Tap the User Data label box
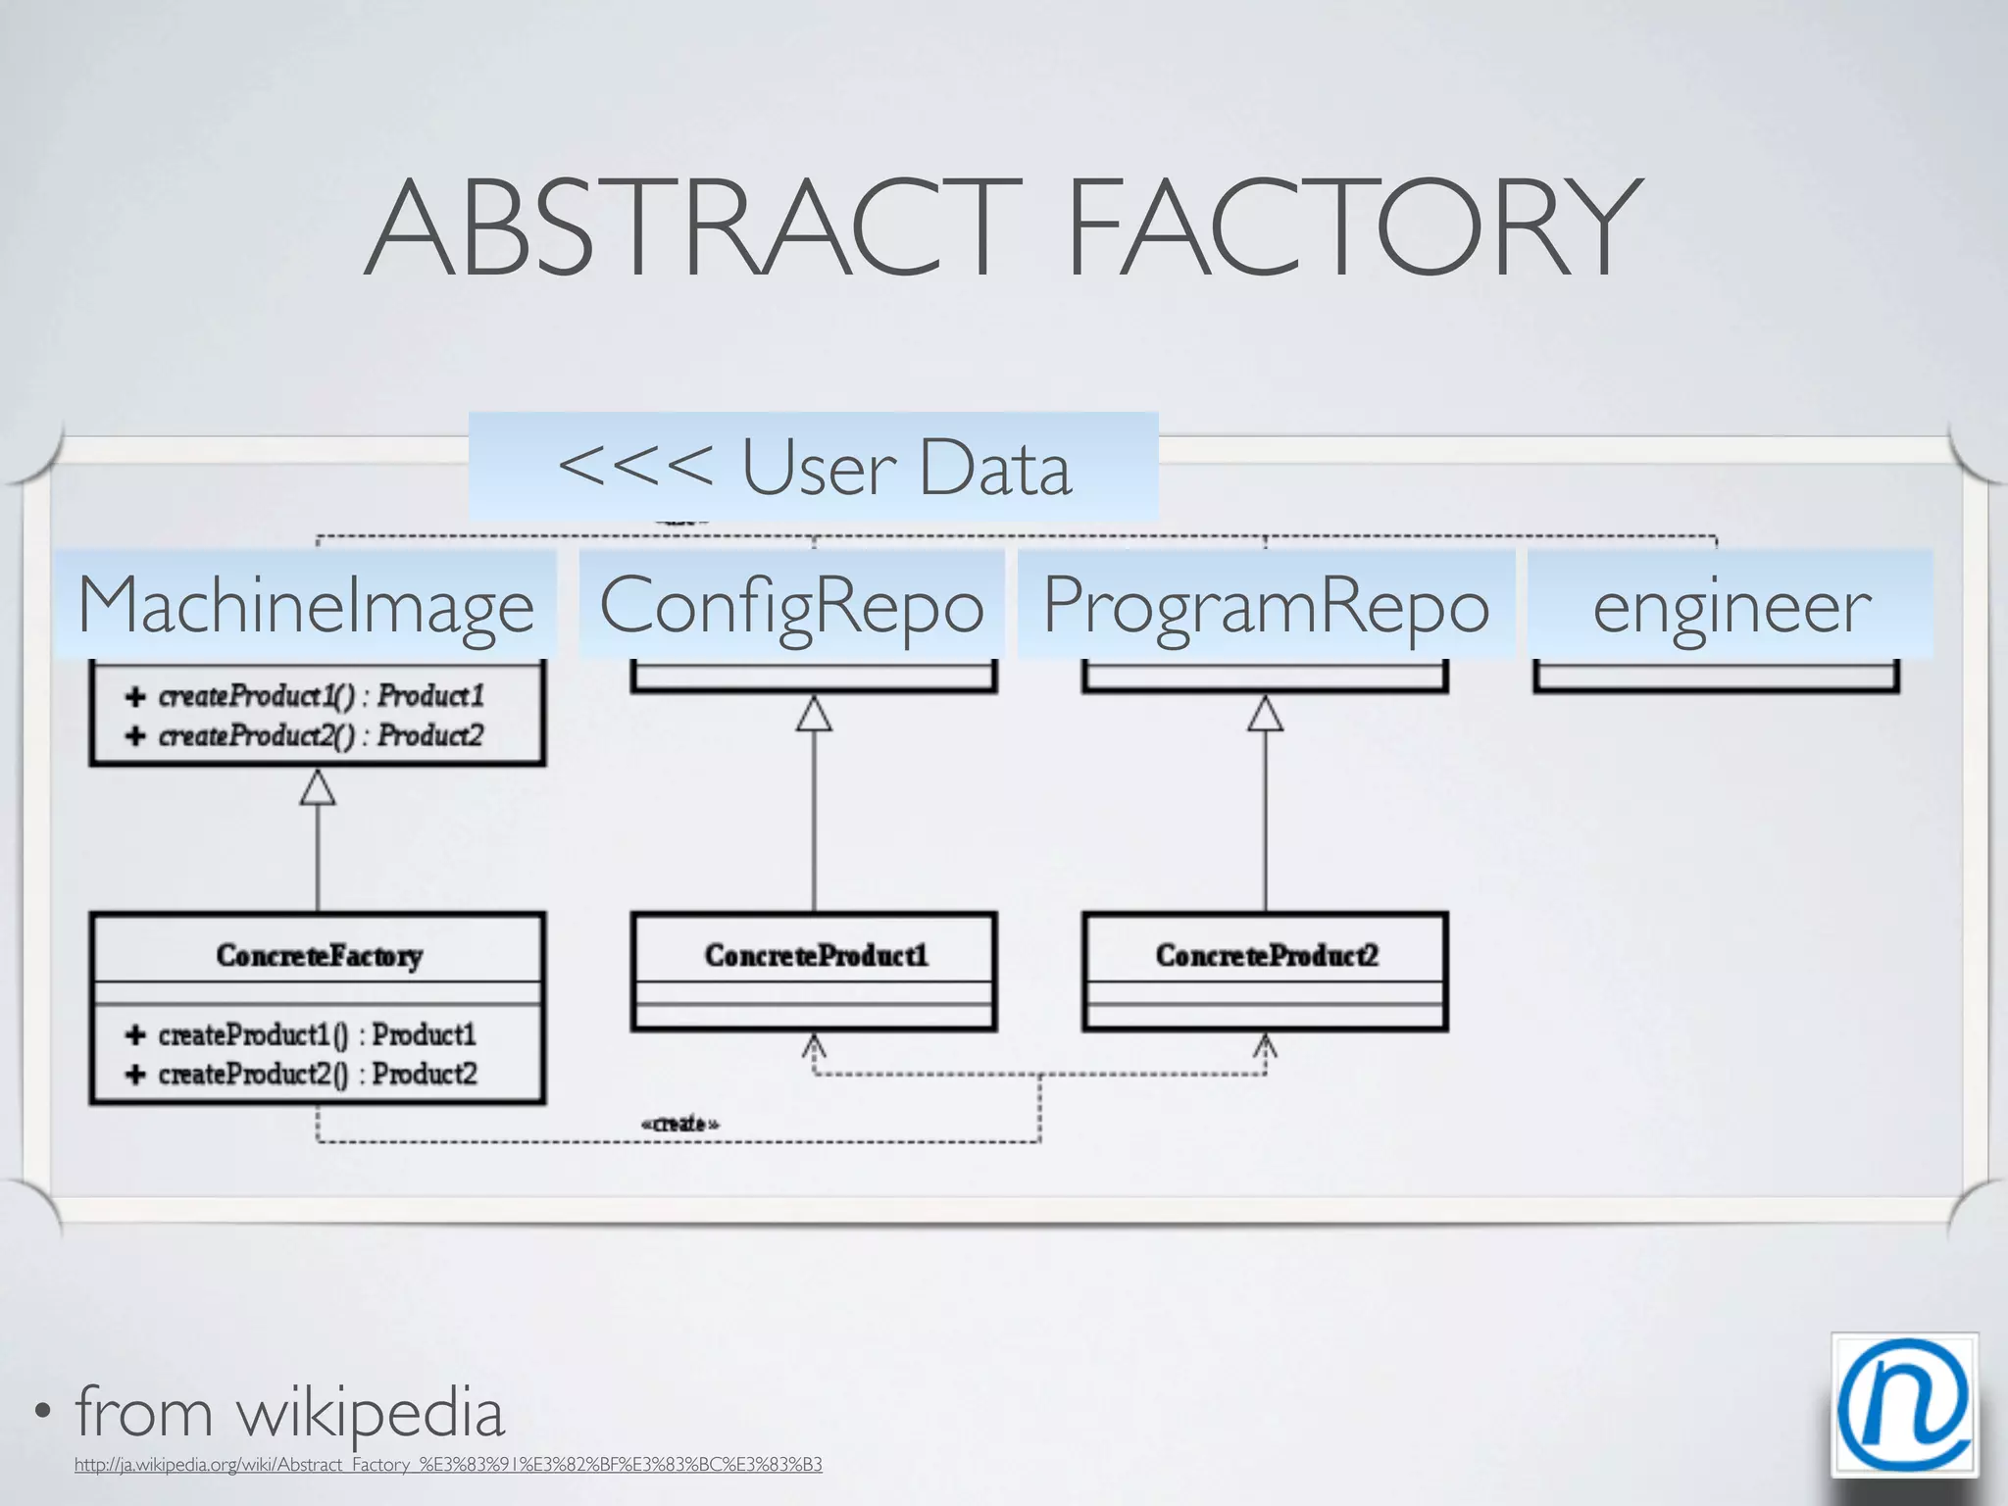click(x=814, y=467)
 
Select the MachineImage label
click(x=306, y=605)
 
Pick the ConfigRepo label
click(x=792, y=605)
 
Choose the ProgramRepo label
click(x=1266, y=605)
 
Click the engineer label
click(x=1731, y=605)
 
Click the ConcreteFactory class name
click(x=319, y=955)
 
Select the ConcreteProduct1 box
click(x=815, y=971)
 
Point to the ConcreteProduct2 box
click(x=1266, y=971)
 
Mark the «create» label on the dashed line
click(x=679, y=1124)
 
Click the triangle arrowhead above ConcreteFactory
click(x=318, y=787)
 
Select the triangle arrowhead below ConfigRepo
click(x=814, y=715)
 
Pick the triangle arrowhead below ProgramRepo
click(x=1265, y=715)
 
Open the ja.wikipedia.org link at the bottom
click(x=448, y=1465)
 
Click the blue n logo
click(x=1903, y=1405)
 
